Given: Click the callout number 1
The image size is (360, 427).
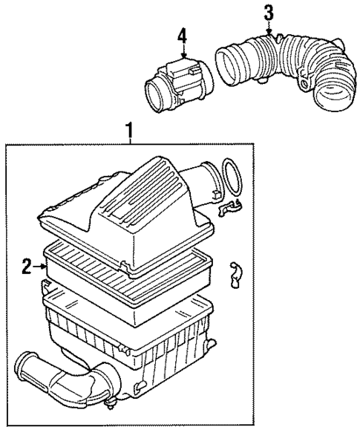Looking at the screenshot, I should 131,132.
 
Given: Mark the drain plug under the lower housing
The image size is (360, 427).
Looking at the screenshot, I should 111,404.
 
